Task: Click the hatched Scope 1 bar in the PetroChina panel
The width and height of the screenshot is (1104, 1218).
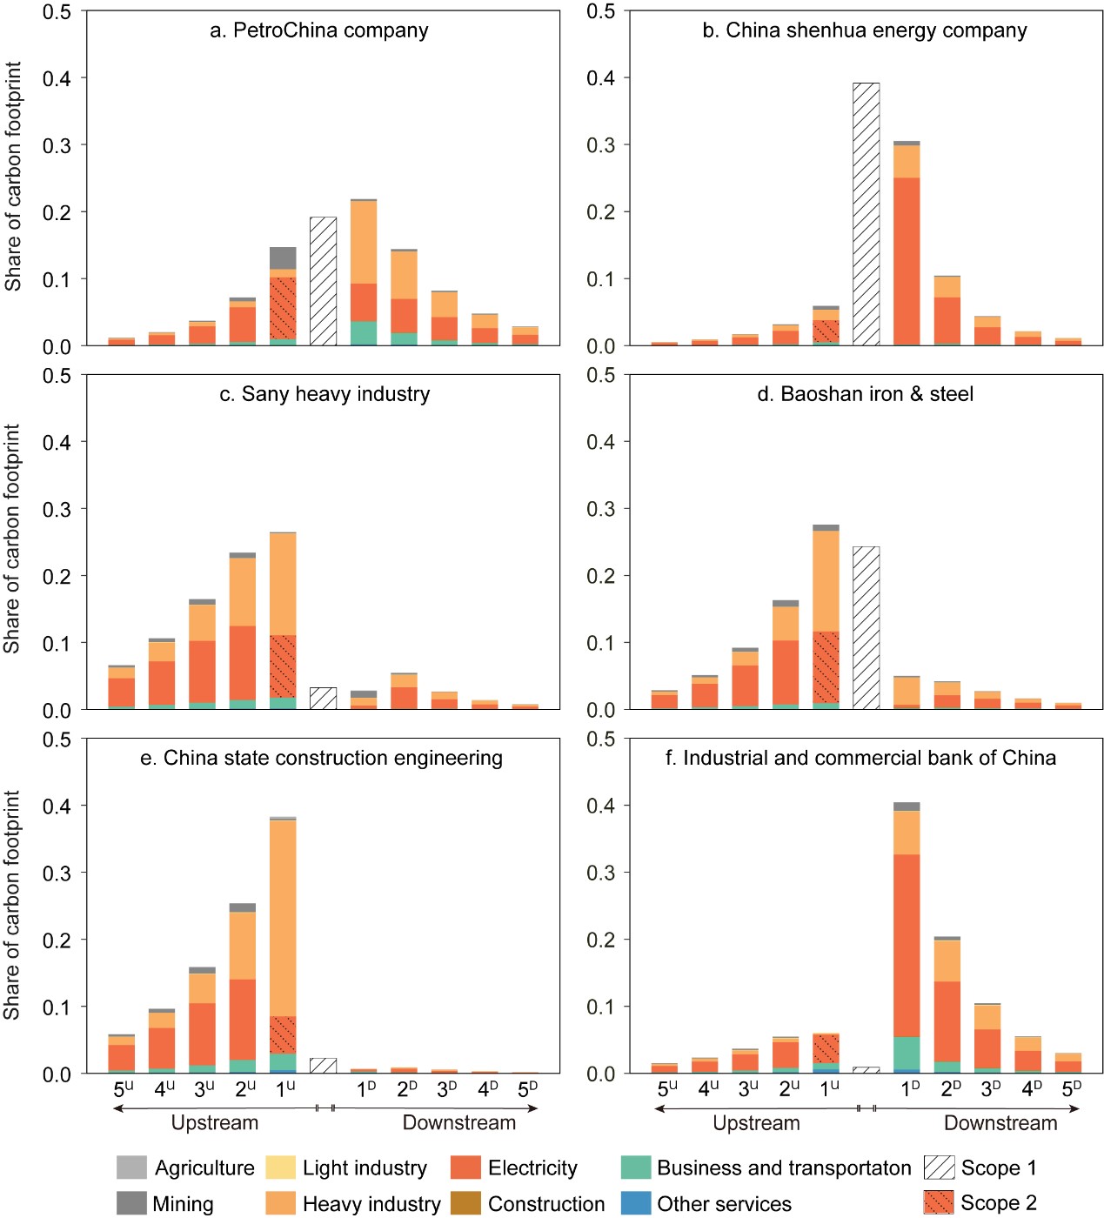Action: point(323,281)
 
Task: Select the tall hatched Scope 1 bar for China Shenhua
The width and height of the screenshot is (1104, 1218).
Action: point(866,214)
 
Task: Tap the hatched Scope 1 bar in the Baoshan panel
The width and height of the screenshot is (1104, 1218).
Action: point(866,627)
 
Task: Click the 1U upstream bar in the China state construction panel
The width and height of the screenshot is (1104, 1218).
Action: point(283,946)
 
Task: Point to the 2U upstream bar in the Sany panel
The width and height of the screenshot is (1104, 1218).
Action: point(243,631)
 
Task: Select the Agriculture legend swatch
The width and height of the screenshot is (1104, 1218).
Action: point(131,1168)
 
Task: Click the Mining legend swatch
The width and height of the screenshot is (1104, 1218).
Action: point(131,1203)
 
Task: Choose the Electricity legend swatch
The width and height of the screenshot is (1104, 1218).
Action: point(466,1168)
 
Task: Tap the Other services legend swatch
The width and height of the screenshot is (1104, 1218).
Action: point(636,1203)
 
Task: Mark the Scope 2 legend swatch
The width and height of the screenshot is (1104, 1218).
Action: point(939,1202)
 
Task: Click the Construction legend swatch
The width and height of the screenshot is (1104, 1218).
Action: point(466,1203)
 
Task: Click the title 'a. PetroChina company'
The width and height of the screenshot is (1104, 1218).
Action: point(319,30)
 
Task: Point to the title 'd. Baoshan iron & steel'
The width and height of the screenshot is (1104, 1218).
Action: point(865,394)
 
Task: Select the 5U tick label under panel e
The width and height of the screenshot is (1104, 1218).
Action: point(124,1088)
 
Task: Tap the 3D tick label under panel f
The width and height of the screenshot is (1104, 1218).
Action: point(990,1088)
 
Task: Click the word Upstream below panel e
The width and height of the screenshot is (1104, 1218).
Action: point(215,1123)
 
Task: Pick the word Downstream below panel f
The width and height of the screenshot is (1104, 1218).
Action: point(1000,1123)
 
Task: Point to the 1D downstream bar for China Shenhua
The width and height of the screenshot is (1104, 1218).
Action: point(907,244)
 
